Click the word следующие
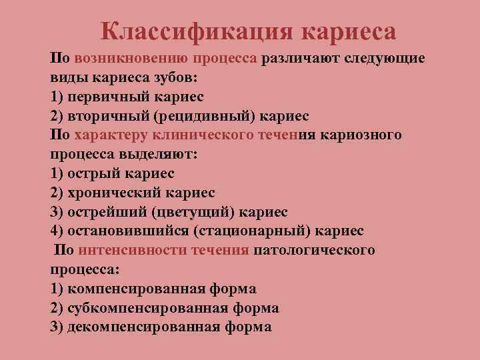[385, 58]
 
